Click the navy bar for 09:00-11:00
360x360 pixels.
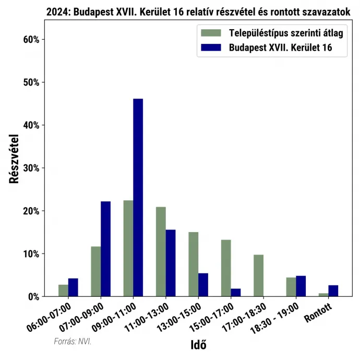click(138, 197)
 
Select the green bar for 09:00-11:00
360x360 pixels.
click(128, 248)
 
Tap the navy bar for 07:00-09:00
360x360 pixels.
click(105, 249)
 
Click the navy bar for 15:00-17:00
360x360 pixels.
click(235, 293)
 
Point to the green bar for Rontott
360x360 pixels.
click(323, 295)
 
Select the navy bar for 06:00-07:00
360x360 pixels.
click(73, 287)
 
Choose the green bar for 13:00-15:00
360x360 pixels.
click(193, 264)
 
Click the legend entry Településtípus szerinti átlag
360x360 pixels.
click(285, 33)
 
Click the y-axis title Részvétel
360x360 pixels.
click(15, 159)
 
